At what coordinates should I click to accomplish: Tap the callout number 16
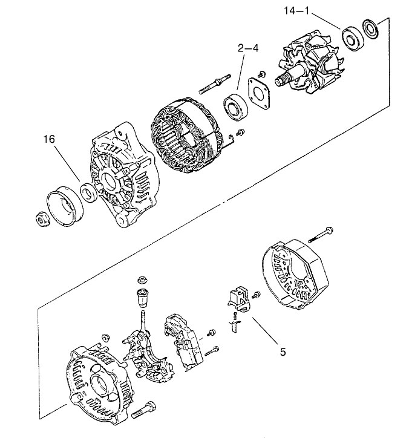click(50, 139)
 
